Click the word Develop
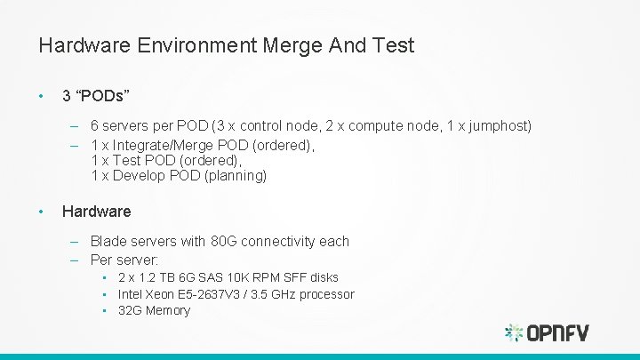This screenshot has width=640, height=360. click(x=141, y=176)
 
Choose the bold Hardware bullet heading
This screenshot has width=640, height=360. click(x=96, y=212)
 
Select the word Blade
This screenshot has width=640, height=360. click(x=108, y=241)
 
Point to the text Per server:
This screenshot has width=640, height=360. click(x=124, y=260)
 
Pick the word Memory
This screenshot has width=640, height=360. click(x=168, y=310)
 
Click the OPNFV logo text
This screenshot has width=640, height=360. click(x=558, y=333)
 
